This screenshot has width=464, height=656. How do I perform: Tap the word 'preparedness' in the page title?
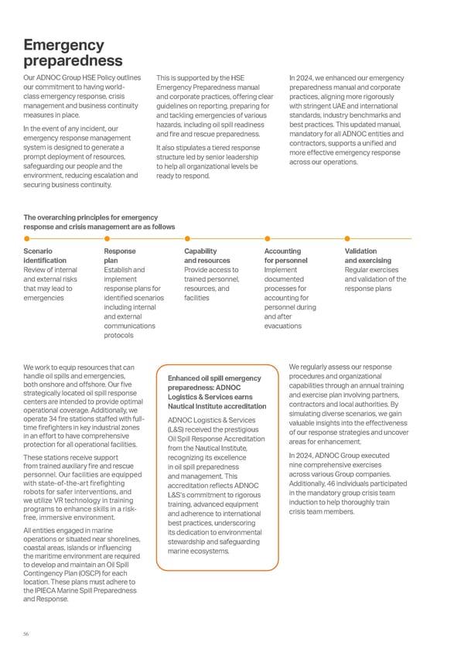(x=73, y=60)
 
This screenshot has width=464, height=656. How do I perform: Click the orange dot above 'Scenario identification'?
(x=27, y=238)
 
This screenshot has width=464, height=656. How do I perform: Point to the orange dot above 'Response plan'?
(x=107, y=238)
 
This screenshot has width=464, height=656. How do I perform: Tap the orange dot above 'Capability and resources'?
(x=188, y=238)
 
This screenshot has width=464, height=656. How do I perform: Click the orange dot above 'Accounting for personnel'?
(x=268, y=238)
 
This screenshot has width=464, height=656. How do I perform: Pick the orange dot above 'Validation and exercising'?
(x=348, y=238)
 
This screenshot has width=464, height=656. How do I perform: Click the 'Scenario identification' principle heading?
(x=45, y=256)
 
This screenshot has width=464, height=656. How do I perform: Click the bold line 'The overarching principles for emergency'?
(x=91, y=217)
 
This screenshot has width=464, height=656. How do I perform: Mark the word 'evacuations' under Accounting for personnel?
(x=282, y=326)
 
